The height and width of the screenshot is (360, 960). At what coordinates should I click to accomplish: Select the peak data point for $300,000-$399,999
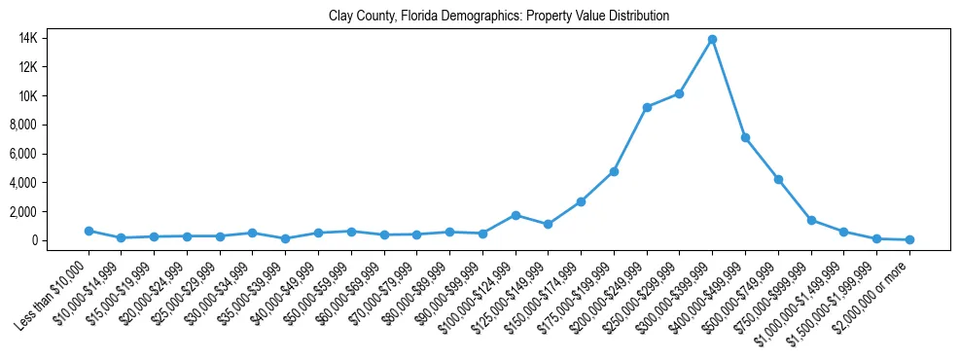[712, 40]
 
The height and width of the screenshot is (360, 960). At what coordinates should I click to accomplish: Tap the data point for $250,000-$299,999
[679, 93]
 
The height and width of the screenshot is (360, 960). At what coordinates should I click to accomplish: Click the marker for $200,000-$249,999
[647, 107]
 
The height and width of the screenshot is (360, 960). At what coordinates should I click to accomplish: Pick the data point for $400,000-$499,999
[745, 138]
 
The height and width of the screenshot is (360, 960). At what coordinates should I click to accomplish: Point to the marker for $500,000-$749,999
[778, 180]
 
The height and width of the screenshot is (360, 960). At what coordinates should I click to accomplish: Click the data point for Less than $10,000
[89, 231]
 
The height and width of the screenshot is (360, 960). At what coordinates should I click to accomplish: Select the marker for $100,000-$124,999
[516, 215]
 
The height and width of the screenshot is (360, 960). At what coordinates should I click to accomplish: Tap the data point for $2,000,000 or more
[909, 239]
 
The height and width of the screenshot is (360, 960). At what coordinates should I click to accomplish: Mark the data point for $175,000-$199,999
[614, 171]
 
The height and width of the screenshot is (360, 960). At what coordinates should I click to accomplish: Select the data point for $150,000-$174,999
[581, 201]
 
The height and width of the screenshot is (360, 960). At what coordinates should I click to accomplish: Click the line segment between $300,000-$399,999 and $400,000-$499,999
[729, 89]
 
